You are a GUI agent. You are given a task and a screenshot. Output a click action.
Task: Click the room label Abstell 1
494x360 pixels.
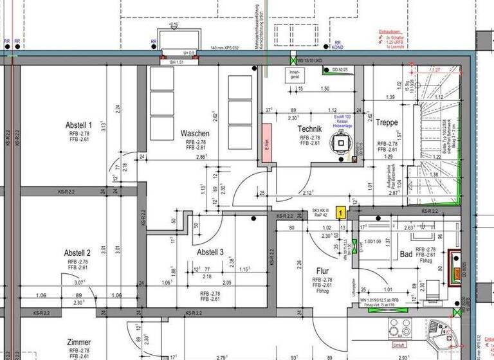tap(78, 125)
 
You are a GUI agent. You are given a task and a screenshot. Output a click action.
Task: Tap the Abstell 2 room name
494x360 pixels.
tap(78, 253)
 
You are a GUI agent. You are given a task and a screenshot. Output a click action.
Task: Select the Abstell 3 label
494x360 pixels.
tap(210, 253)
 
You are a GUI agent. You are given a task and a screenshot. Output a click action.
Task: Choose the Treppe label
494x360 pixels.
tap(388, 122)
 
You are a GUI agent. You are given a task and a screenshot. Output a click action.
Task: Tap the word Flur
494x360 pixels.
tap(323, 271)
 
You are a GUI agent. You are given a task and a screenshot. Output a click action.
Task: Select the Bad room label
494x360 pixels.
tap(406, 255)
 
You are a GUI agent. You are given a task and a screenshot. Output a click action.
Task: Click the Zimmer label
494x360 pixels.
tap(78, 342)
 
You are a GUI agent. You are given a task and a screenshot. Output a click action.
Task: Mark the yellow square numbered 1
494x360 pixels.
tap(342, 210)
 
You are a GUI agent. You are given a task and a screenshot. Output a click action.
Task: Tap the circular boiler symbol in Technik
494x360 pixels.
tap(336, 147)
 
